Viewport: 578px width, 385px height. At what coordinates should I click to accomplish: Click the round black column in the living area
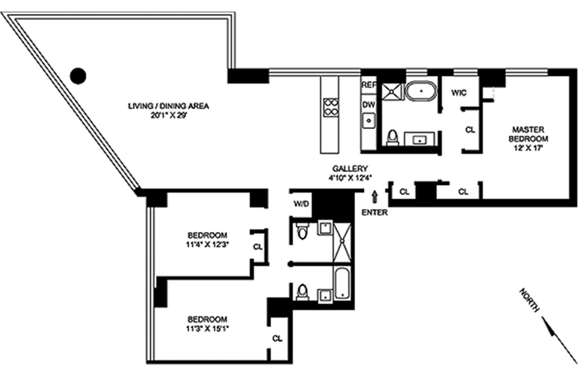78,76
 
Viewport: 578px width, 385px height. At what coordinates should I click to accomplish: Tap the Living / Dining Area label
168,107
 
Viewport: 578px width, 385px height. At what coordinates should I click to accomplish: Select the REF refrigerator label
368,85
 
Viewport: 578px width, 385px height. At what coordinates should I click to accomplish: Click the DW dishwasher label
368,105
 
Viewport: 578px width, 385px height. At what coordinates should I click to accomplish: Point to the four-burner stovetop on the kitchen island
330,107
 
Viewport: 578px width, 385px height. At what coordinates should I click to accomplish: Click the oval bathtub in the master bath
420,91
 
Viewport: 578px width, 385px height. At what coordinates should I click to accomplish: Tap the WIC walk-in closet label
458,93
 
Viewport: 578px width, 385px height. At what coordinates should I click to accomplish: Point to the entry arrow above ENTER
375,196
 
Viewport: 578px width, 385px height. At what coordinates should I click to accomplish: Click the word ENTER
375,212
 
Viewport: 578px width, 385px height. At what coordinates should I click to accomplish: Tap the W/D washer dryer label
301,203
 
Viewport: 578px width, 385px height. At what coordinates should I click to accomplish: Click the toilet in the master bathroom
393,137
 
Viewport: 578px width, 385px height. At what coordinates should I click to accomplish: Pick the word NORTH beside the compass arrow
529,300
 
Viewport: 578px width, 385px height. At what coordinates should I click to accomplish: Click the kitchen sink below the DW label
368,121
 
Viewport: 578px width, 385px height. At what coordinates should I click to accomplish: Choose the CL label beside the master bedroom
471,130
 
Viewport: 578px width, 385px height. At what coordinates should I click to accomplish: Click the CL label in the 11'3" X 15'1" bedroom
277,338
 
